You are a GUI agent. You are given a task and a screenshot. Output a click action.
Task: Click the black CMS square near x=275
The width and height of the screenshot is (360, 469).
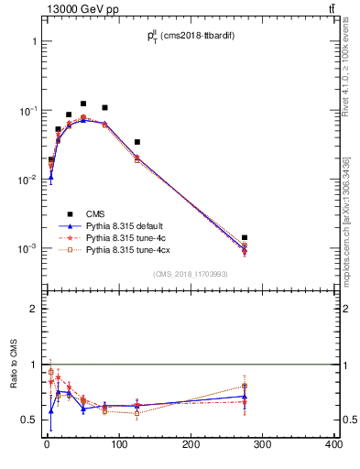[x=245, y=237]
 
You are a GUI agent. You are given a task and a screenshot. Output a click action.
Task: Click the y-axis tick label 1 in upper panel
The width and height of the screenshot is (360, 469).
[x=33, y=42]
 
